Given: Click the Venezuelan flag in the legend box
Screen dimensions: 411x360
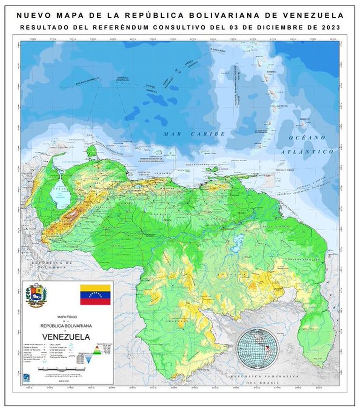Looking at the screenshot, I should [95, 294].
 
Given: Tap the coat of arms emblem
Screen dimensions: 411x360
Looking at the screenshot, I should [36, 296].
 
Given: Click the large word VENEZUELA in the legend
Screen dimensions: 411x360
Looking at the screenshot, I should [66, 336].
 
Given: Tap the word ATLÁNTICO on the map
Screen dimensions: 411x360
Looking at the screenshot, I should [307, 152].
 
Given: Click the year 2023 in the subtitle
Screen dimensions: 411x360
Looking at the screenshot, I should [329, 28].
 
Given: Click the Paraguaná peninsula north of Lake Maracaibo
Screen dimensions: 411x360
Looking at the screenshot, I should [92, 152].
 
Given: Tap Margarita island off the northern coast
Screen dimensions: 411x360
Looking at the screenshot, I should [213, 170].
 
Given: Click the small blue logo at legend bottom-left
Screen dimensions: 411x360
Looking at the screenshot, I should [27, 377].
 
